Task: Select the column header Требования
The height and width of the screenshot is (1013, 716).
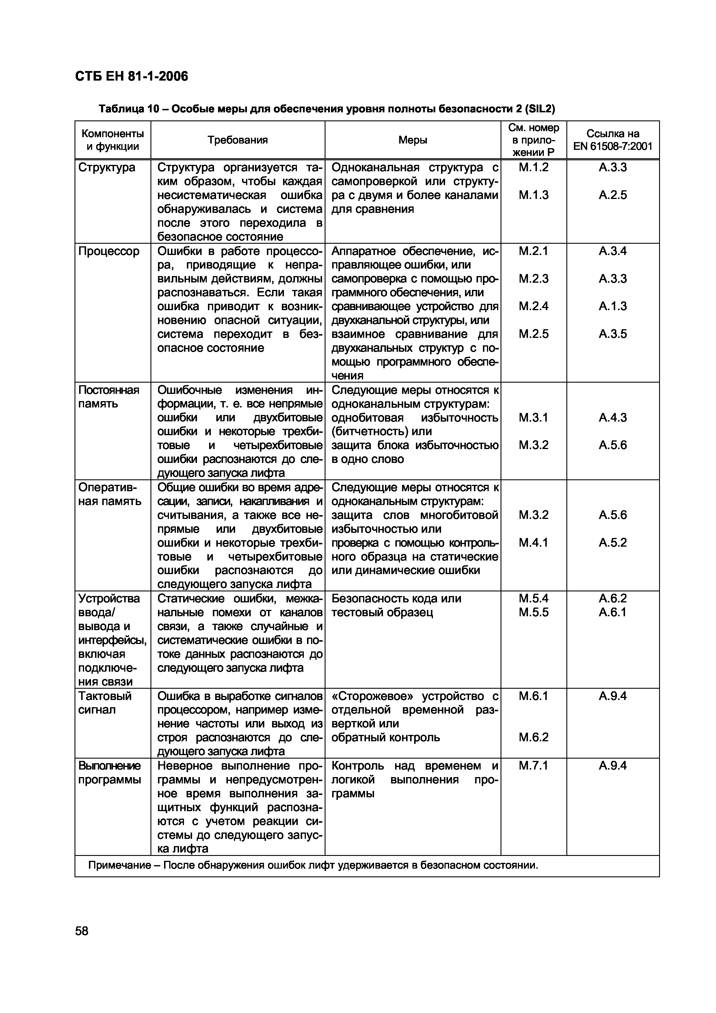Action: [x=237, y=140]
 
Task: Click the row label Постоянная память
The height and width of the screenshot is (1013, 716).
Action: [x=109, y=397]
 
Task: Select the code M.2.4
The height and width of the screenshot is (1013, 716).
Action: [x=533, y=306]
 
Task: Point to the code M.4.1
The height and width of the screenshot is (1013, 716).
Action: [x=533, y=543]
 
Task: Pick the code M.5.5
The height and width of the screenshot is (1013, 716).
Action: [x=533, y=612]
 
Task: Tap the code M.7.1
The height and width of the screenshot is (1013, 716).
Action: [x=533, y=766]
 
